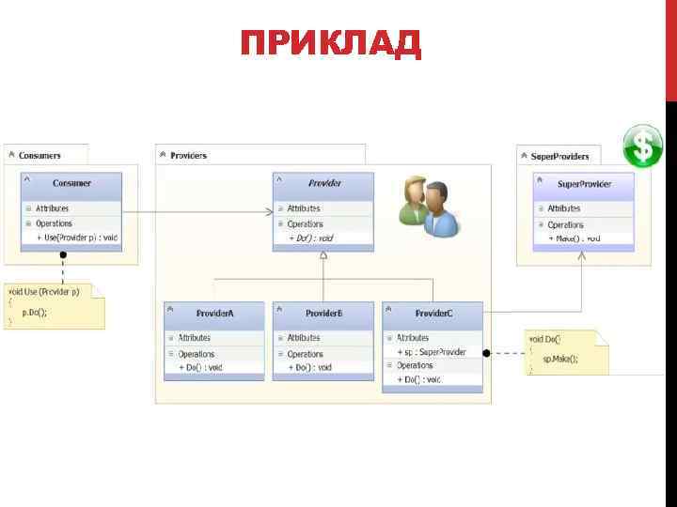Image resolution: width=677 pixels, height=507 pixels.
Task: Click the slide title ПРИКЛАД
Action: [x=331, y=43]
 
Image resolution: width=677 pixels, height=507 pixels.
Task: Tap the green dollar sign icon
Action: [x=643, y=146]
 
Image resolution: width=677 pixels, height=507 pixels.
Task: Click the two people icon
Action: [x=429, y=206]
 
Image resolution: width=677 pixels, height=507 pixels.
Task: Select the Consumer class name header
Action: [x=71, y=183]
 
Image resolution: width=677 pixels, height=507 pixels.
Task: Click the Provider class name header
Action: [x=323, y=183]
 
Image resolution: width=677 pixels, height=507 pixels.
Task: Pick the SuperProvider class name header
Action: [x=584, y=183]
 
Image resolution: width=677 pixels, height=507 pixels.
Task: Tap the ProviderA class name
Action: [x=215, y=313]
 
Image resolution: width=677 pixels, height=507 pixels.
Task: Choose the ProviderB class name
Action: [x=323, y=313]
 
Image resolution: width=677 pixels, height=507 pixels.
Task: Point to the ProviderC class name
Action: [x=433, y=313]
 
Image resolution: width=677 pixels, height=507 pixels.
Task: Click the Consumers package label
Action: [x=39, y=155]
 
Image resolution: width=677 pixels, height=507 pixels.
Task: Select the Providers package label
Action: [x=189, y=155]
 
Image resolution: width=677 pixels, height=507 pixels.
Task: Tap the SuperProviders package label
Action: [x=560, y=156]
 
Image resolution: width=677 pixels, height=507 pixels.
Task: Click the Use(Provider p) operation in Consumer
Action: [x=79, y=238]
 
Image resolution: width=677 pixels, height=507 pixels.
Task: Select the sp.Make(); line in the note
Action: [x=560, y=358]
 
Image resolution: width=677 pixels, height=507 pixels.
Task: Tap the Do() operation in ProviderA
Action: [x=200, y=367]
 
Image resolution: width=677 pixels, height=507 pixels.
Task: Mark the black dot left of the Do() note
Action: [x=487, y=353]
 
